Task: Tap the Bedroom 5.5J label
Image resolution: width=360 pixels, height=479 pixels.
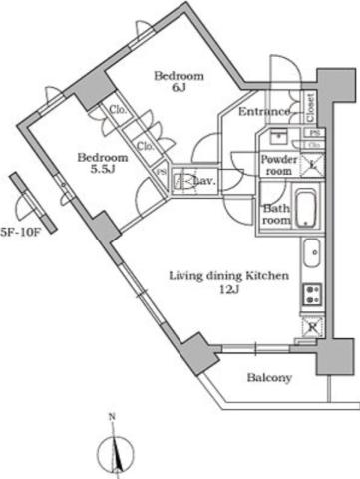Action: [x=104, y=164]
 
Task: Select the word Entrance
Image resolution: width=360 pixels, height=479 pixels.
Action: [x=264, y=112]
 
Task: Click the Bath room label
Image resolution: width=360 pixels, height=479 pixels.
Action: [x=276, y=214]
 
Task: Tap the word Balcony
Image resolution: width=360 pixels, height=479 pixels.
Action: [x=268, y=378]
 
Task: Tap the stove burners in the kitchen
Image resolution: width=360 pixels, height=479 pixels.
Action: [x=311, y=293]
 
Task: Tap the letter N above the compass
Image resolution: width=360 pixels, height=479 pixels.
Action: [x=113, y=417]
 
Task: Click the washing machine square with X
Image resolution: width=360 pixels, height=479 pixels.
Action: [x=312, y=165]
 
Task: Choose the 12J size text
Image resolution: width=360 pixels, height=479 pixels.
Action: [x=228, y=290]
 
